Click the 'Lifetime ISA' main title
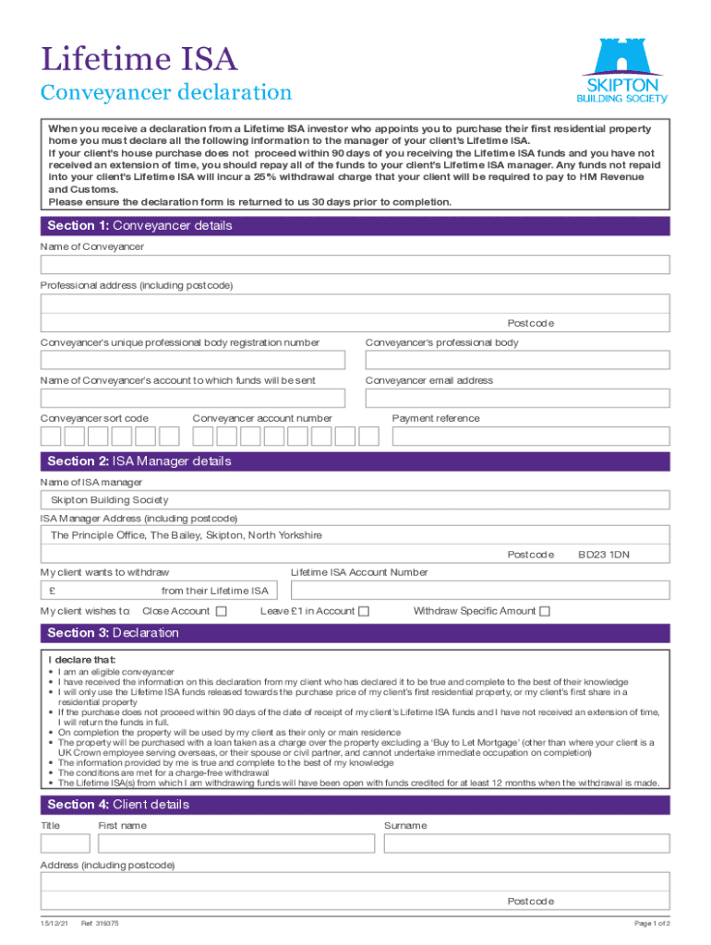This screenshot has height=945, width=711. click(139, 60)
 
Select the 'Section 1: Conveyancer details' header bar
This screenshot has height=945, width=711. click(355, 225)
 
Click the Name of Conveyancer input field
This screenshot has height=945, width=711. click(355, 267)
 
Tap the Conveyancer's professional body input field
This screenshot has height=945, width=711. click(518, 361)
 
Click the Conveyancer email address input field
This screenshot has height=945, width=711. click(518, 398)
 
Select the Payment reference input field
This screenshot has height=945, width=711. click(531, 436)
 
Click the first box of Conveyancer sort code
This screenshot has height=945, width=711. click(52, 437)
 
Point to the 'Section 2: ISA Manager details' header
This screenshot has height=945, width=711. click(355, 461)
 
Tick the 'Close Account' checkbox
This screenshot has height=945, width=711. click(221, 611)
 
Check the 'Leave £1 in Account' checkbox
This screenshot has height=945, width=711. click(364, 611)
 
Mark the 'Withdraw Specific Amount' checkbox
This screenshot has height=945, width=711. click(545, 611)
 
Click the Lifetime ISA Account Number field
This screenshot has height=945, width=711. click(480, 591)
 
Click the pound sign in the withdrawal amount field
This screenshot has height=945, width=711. click(54, 591)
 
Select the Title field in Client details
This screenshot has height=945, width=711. click(66, 843)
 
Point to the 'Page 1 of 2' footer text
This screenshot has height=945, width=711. click(652, 924)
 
